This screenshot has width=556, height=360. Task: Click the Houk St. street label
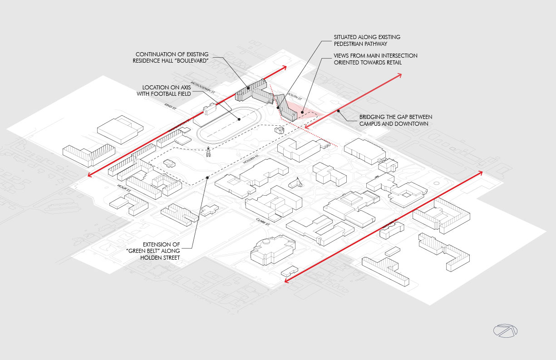[x=123, y=187]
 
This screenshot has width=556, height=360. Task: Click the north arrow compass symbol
[x=505, y=331]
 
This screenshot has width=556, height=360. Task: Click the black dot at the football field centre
[x=239, y=119]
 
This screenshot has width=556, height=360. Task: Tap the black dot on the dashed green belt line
[x=207, y=178]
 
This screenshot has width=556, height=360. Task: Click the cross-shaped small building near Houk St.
[x=209, y=210]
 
